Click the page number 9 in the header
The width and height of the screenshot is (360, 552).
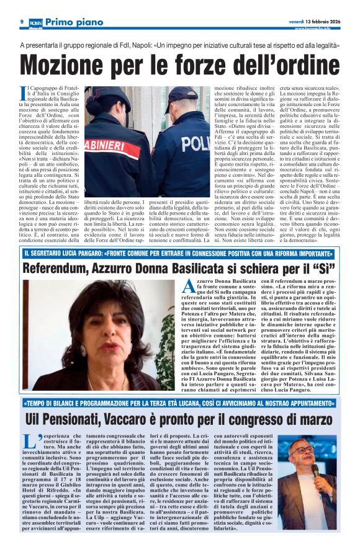click(x=22, y=22)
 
